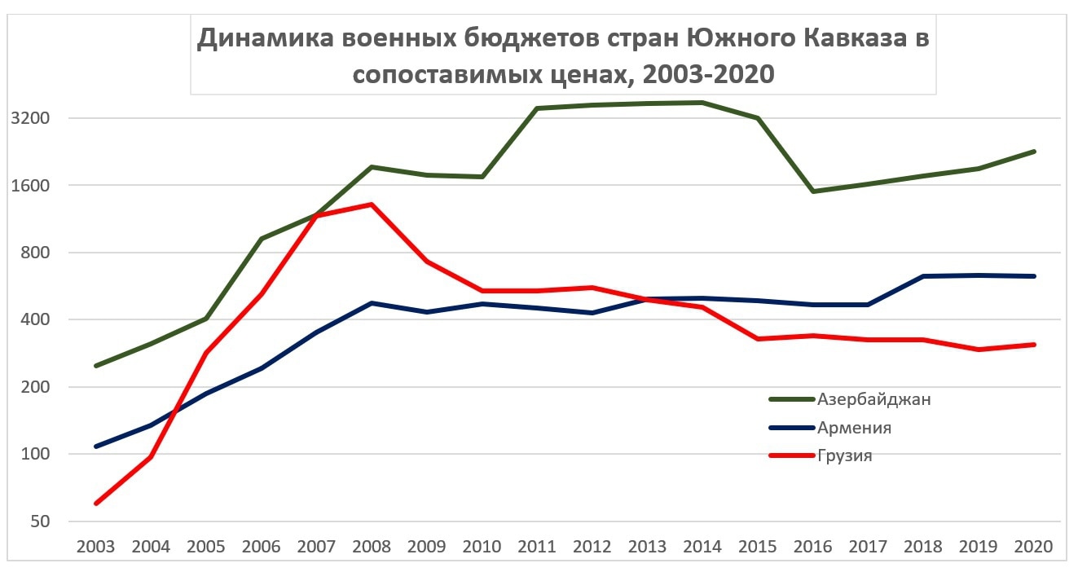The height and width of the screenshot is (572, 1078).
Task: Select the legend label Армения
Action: pyautogui.click(x=854, y=428)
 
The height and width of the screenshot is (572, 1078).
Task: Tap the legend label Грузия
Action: pyautogui.click(x=845, y=455)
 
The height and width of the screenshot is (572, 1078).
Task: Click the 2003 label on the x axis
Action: pyautogui.click(x=96, y=546)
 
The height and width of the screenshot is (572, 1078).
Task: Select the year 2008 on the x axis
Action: pyautogui.click(x=372, y=546)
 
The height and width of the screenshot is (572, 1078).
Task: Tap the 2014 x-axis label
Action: pyautogui.click(x=702, y=546)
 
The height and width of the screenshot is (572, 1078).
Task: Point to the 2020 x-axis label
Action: pyautogui.click(x=1033, y=546)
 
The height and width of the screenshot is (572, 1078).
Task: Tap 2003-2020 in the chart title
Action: pyautogui.click(x=707, y=75)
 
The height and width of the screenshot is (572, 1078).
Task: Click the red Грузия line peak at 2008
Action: pyautogui.click(x=372, y=205)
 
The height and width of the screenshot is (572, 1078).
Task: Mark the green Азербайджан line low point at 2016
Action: pyautogui.click(x=812, y=191)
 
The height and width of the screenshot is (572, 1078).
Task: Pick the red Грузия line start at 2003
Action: pyautogui.click(x=96, y=504)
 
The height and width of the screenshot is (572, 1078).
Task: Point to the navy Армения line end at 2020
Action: pyautogui.click(x=1033, y=276)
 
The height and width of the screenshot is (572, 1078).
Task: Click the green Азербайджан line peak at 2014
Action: pyautogui.click(x=702, y=103)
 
